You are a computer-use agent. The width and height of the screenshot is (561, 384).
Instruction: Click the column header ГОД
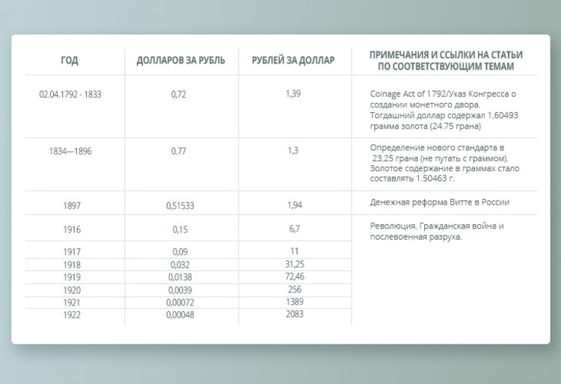(x=70, y=61)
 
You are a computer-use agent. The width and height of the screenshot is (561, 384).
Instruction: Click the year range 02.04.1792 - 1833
(x=70, y=95)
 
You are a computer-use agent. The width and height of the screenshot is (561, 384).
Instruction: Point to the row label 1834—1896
(x=70, y=150)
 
